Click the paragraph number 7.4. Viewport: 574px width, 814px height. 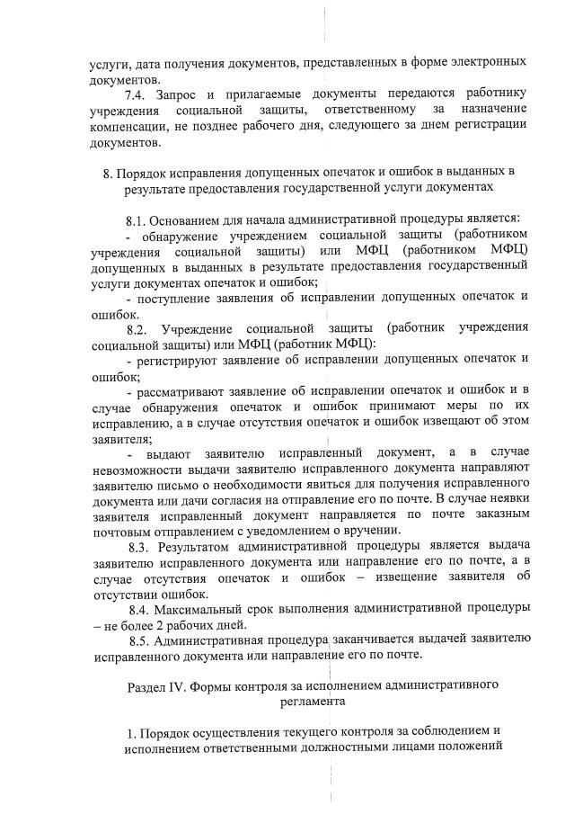(137, 94)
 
